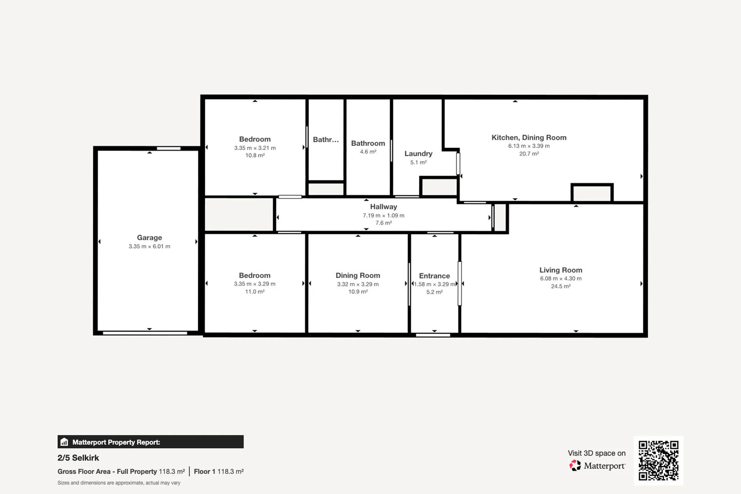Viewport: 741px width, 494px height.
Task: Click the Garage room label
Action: [149, 237]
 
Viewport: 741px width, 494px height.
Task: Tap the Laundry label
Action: [418, 154]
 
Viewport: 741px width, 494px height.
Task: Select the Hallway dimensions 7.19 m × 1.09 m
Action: [383, 215]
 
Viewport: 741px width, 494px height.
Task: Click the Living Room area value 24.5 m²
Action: [560, 286]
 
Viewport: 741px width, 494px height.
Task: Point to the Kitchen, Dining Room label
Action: [529, 137]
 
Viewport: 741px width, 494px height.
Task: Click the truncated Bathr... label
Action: [326, 140]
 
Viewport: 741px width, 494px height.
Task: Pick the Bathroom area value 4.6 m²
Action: [368, 152]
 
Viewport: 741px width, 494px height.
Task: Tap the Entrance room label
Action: [434, 276]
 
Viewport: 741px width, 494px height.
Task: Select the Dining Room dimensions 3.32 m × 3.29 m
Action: [358, 284]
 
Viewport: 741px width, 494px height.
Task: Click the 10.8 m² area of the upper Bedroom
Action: [255, 156]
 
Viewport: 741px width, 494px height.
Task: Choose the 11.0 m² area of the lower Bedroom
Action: [254, 292]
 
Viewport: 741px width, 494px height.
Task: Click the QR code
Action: [658, 460]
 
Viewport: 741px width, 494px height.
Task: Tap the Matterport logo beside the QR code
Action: [575, 466]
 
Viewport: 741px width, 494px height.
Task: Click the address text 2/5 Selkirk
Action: [78, 458]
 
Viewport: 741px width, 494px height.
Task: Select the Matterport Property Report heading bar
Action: [150, 442]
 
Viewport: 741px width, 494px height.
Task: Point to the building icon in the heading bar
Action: [64, 442]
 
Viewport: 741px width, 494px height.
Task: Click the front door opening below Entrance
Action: [433, 335]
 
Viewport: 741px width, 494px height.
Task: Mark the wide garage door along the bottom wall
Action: [145, 333]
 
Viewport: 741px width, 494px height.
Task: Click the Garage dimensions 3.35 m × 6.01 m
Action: [149, 247]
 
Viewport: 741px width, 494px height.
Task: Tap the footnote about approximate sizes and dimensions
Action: [119, 483]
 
